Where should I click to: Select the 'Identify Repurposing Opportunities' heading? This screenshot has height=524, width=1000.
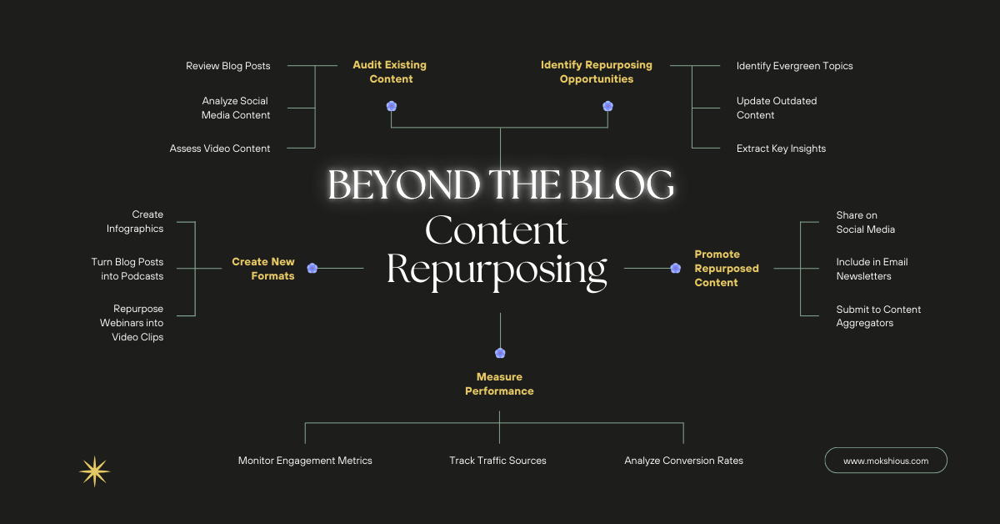pyautogui.click(x=596, y=72)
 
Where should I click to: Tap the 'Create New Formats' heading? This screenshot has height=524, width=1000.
pyautogui.click(x=263, y=269)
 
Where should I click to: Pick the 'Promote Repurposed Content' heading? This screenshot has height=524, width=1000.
pyautogui.click(x=726, y=269)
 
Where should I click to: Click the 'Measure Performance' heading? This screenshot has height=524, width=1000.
pyautogui.click(x=499, y=384)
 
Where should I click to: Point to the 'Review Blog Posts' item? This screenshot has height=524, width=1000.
pyautogui.click(x=227, y=66)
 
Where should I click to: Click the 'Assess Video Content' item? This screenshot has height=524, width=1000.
pyautogui.click(x=220, y=149)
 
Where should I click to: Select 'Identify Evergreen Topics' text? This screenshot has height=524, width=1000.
pyautogui.click(x=794, y=66)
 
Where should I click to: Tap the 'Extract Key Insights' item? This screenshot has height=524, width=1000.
pyautogui.click(x=781, y=149)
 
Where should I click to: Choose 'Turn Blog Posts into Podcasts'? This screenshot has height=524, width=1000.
pyautogui.click(x=127, y=269)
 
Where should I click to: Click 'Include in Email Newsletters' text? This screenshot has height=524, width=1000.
pyautogui.click(x=872, y=269)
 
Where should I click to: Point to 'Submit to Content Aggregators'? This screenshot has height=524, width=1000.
pyautogui.click(x=878, y=316)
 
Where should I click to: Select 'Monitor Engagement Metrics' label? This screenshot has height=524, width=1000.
pyautogui.click(x=305, y=461)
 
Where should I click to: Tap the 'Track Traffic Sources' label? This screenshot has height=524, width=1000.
pyautogui.click(x=497, y=461)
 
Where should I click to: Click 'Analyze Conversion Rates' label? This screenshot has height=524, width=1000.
pyautogui.click(x=683, y=461)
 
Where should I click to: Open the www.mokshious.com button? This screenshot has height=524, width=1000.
pyautogui.click(x=886, y=461)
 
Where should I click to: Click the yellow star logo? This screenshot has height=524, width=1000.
pyautogui.click(x=94, y=471)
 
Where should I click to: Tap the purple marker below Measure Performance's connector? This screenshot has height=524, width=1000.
pyautogui.click(x=500, y=353)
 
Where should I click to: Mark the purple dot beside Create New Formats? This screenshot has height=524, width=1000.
pyautogui.click(x=312, y=268)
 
